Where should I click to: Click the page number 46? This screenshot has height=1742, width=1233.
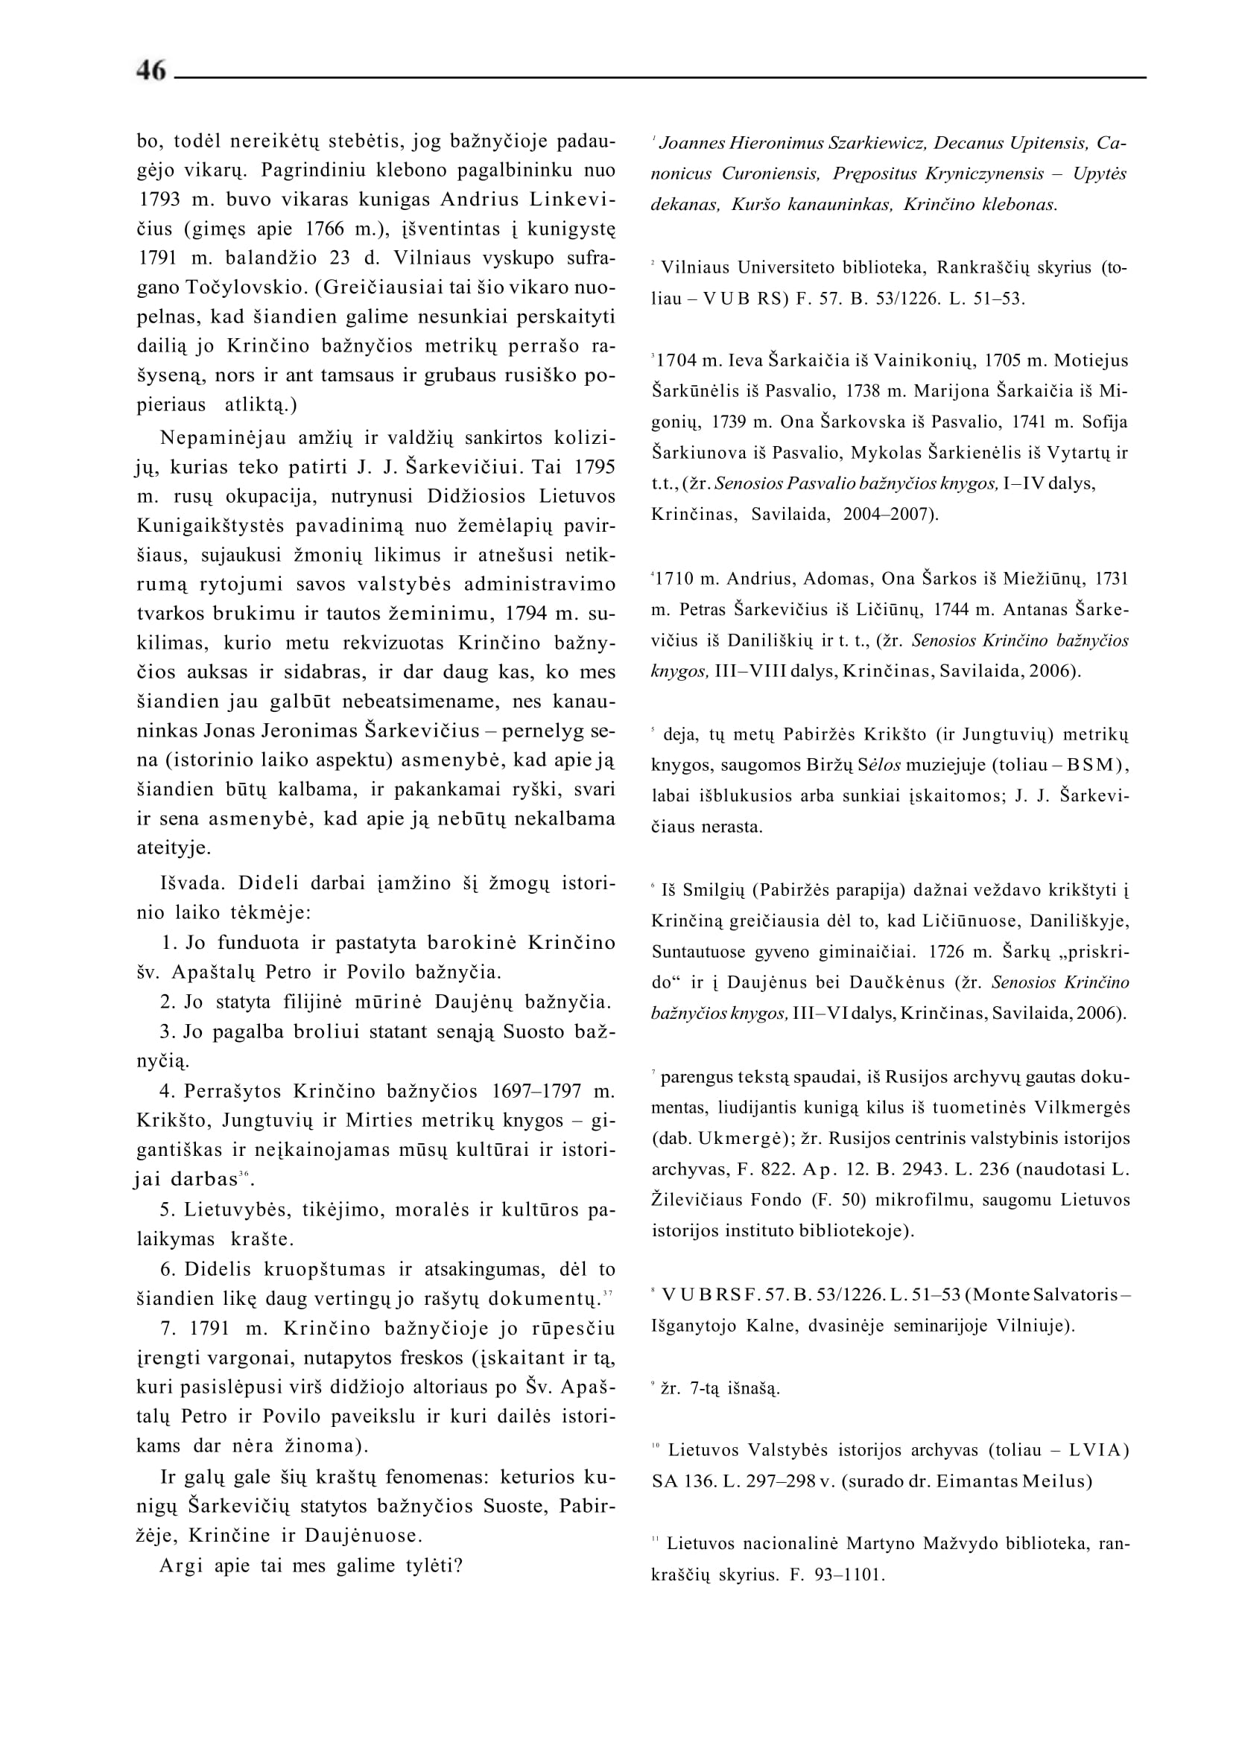coord(151,71)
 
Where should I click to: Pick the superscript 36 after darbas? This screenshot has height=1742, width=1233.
coord(244,1174)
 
